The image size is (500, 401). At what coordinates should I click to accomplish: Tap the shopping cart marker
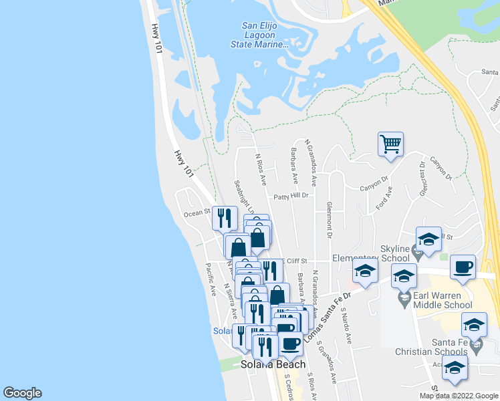click(390, 144)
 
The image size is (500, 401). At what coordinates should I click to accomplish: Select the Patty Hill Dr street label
click(291, 196)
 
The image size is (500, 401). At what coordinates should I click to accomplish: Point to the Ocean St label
click(197, 214)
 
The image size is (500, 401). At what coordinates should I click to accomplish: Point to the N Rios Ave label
click(261, 170)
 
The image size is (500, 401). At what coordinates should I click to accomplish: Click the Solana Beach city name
click(273, 364)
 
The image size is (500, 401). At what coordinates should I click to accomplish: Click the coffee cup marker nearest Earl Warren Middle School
click(462, 268)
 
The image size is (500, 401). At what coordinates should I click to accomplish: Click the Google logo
click(22, 393)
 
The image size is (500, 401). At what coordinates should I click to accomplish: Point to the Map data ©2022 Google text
click(459, 396)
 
